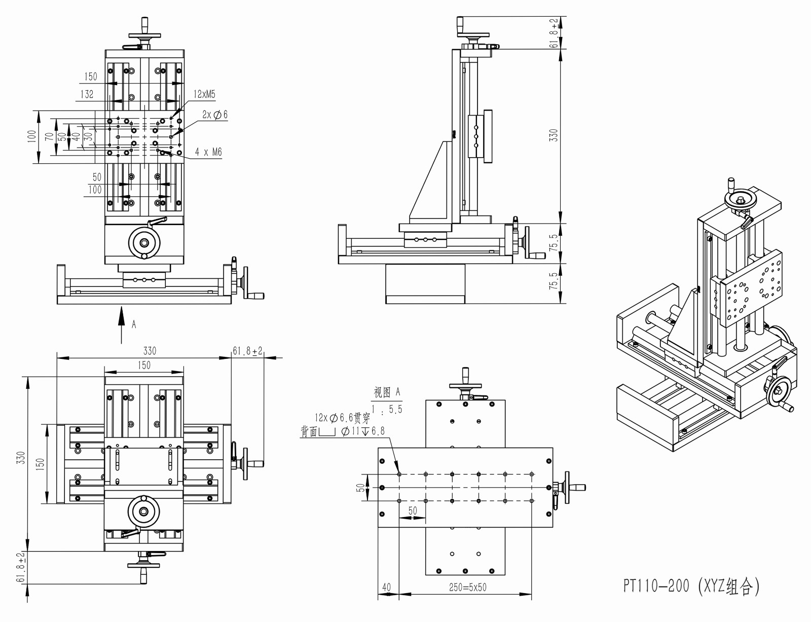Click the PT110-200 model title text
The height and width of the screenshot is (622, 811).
click(x=691, y=586)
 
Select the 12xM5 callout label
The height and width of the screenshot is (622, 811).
click(x=204, y=94)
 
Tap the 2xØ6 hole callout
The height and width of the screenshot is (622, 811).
click(x=215, y=115)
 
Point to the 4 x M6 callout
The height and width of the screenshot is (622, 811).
click(x=208, y=152)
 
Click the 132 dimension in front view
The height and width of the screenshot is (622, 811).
click(x=87, y=94)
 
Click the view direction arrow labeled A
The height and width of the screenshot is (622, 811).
click(x=122, y=322)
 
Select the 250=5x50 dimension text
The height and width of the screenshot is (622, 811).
click(x=467, y=587)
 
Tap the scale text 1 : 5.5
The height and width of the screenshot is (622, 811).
click(x=387, y=409)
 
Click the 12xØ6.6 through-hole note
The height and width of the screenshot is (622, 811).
click(x=342, y=418)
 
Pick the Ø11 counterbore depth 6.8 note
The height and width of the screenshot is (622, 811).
click(x=363, y=431)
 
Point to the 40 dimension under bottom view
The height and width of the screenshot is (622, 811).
click(x=386, y=587)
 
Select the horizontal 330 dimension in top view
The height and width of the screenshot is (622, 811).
click(x=150, y=351)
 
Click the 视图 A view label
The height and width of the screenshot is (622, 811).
click(x=387, y=392)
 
